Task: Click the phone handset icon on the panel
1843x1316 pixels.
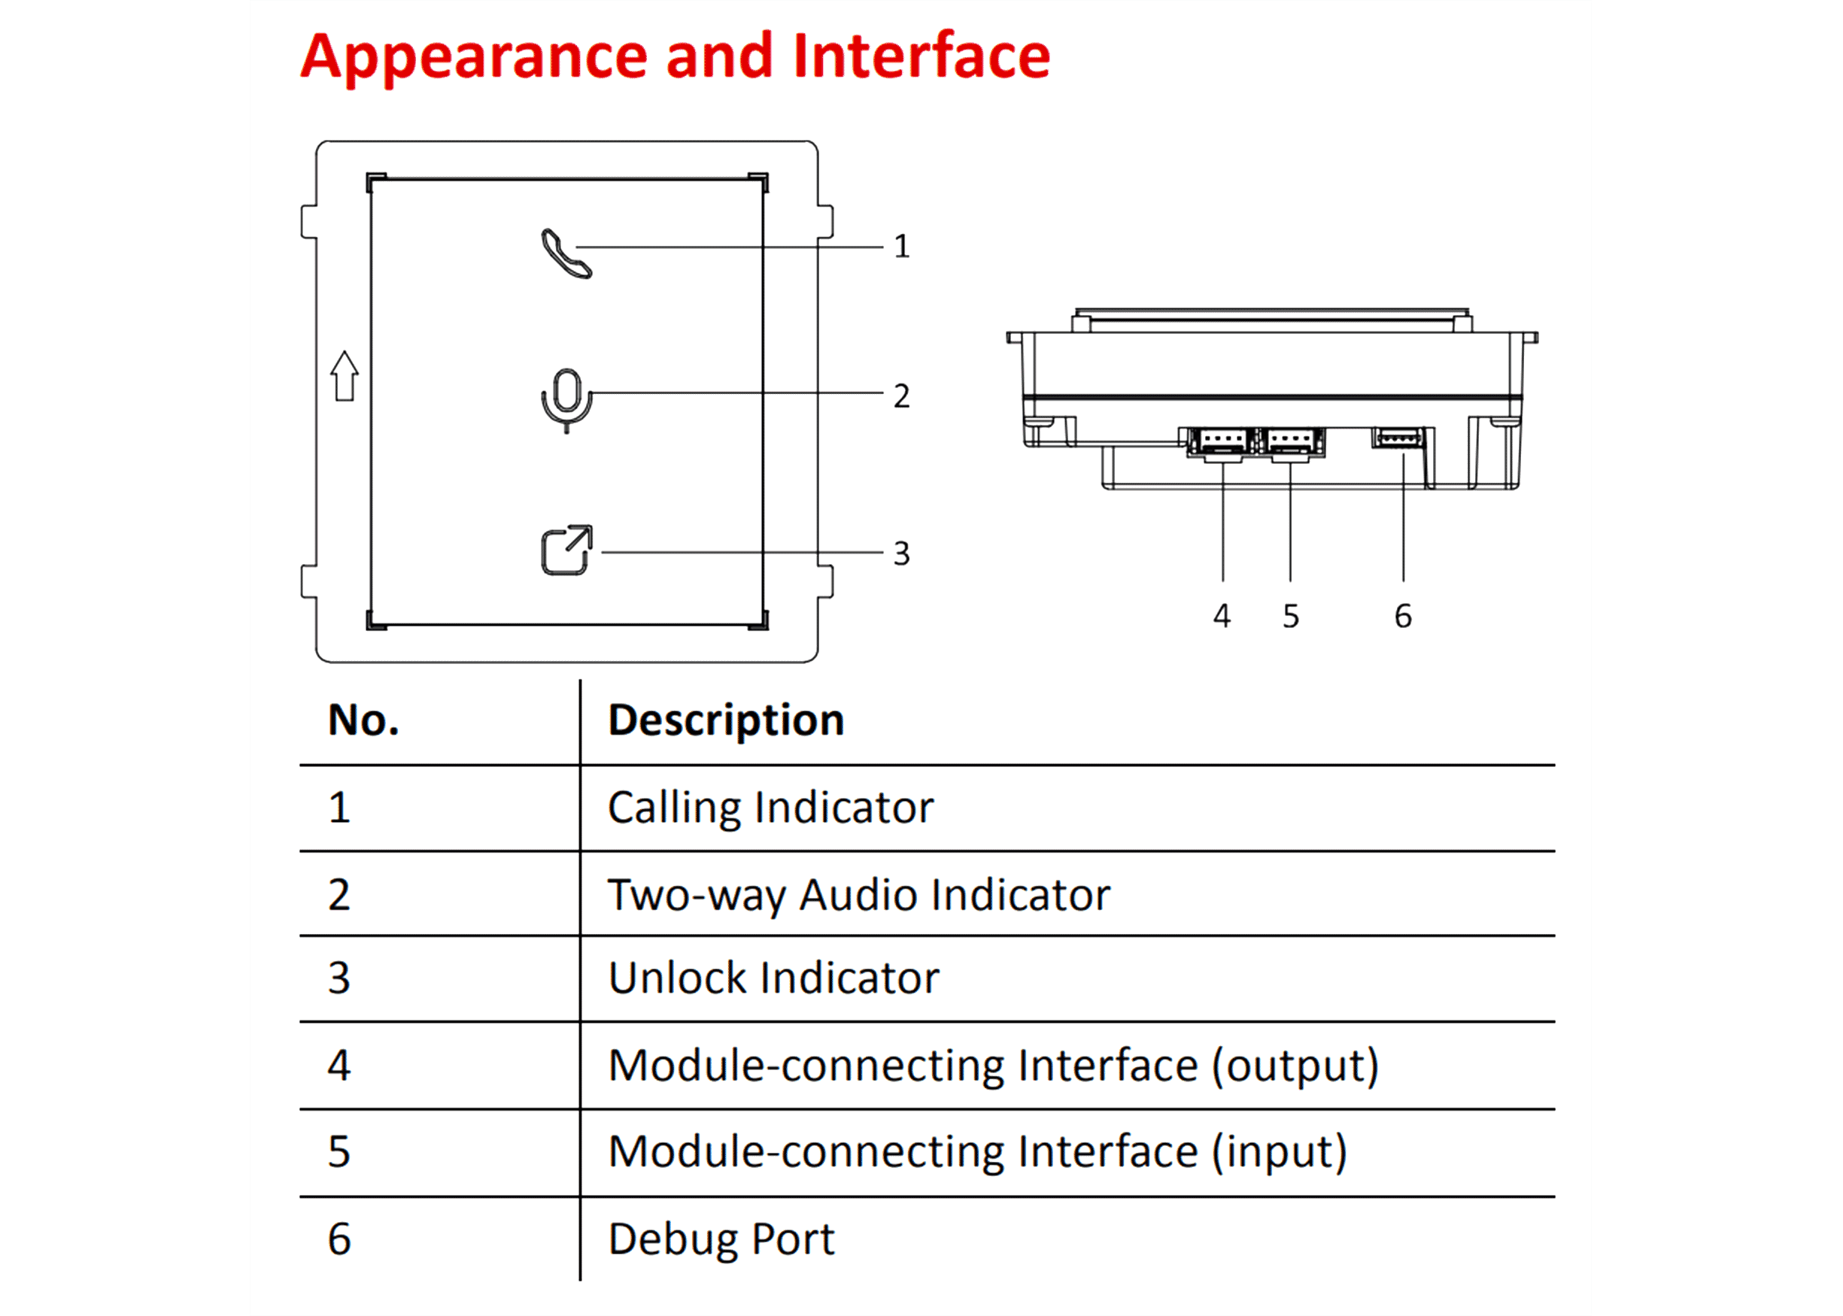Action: point(566,254)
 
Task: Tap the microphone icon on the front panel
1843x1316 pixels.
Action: point(566,399)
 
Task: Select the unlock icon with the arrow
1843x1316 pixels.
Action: point(566,551)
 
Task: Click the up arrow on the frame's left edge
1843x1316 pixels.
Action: point(345,376)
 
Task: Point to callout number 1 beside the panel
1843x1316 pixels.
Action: point(901,247)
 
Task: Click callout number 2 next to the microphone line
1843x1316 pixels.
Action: point(901,396)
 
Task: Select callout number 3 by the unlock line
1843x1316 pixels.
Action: point(901,554)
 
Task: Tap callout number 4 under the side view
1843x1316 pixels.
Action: point(1222,617)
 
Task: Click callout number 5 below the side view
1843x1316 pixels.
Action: point(1290,617)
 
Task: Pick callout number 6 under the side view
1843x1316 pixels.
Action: point(1403,617)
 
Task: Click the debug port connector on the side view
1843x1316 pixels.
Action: point(1399,438)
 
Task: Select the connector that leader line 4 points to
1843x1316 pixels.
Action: point(1222,442)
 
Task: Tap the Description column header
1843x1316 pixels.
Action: point(725,720)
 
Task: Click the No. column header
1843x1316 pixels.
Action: point(363,720)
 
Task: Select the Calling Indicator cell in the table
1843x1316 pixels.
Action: point(770,808)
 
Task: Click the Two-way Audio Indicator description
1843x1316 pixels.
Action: point(858,896)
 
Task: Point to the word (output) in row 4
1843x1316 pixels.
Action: point(1295,1066)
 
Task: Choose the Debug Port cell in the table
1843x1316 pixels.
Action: point(721,1239)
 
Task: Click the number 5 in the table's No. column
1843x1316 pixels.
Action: point(339,1151)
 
